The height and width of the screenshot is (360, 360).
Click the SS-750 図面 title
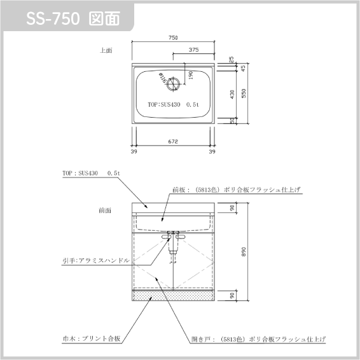[73, 18]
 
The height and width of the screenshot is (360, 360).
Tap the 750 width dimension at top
[173, 38]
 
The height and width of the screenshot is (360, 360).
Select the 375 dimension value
[194, 50]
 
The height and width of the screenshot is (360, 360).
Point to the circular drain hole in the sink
[174, 84]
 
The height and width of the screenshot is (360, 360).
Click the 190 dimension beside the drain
[190, 75]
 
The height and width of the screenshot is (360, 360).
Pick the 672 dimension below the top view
[173, 141]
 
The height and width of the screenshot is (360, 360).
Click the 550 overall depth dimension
[244, 93]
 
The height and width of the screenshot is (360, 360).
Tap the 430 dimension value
[232, 94]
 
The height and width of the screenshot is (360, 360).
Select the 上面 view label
[106, 50]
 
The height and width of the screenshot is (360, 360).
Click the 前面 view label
[105, 211]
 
